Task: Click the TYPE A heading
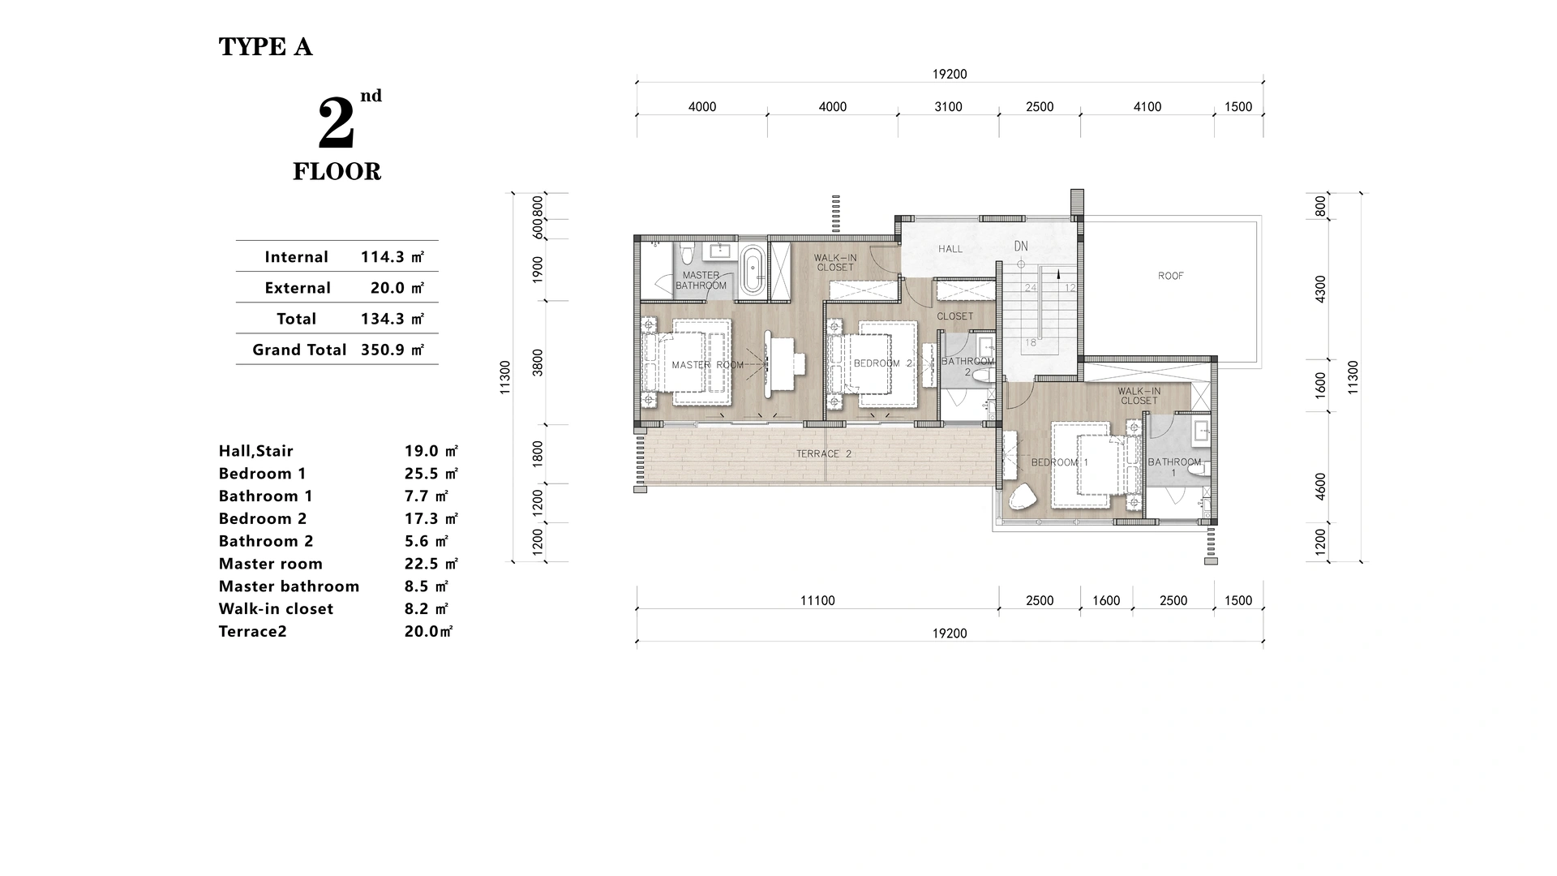click(265, 47)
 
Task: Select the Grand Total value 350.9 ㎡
click(392, 350)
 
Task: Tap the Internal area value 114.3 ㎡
click(392, 257)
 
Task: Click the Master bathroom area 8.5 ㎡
click(426, 586)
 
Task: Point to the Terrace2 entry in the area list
click(252, 632)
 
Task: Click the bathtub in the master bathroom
click(752, 270)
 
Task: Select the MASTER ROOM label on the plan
click(707, 365)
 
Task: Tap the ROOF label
click(1170, 276)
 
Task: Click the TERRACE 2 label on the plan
click(823, 454)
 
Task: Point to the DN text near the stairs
click(1020, 247)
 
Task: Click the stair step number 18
click(1030, 342)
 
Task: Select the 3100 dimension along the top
click(947, 107)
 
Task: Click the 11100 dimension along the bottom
click(817, 601)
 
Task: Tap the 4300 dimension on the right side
click(1320, 290)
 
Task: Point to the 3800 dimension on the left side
click(538, 363)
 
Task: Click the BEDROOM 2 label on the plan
click(882, 363)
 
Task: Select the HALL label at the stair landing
click(950, 249)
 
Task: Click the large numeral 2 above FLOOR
click(336, 123)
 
